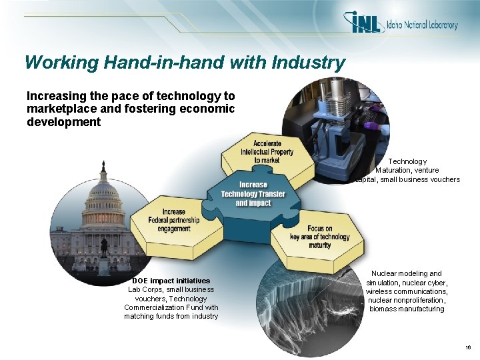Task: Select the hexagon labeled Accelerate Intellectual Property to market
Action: [x=267, y=152]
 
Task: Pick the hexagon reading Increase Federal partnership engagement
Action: [x=173, y=220]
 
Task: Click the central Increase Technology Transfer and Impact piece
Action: [x=253, y=194]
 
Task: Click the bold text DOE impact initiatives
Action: [x=171, y=281]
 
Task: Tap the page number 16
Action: [x=469, y=348]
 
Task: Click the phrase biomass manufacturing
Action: [x=407, y=309]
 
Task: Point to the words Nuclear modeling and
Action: [x=407, y=273]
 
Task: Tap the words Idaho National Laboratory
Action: [x=422, y=25]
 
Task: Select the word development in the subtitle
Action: [x=63, y=122]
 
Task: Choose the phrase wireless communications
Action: [x=407, y=291]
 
